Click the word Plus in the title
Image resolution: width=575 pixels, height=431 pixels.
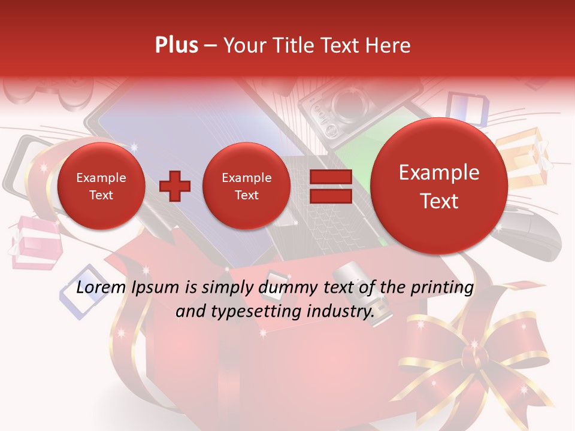click(x=177, y=45)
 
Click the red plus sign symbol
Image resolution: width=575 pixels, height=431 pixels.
click(x=175, y=186)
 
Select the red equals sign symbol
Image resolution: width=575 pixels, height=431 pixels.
click(x=331, y=186)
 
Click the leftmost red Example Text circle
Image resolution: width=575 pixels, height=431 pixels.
click(x=101, y=186)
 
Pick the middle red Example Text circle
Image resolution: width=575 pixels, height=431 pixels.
click(x=247, y=186)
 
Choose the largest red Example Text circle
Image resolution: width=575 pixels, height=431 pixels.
click(x=439, y=186)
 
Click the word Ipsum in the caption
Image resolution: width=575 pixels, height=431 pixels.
click(x=159, y=288)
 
